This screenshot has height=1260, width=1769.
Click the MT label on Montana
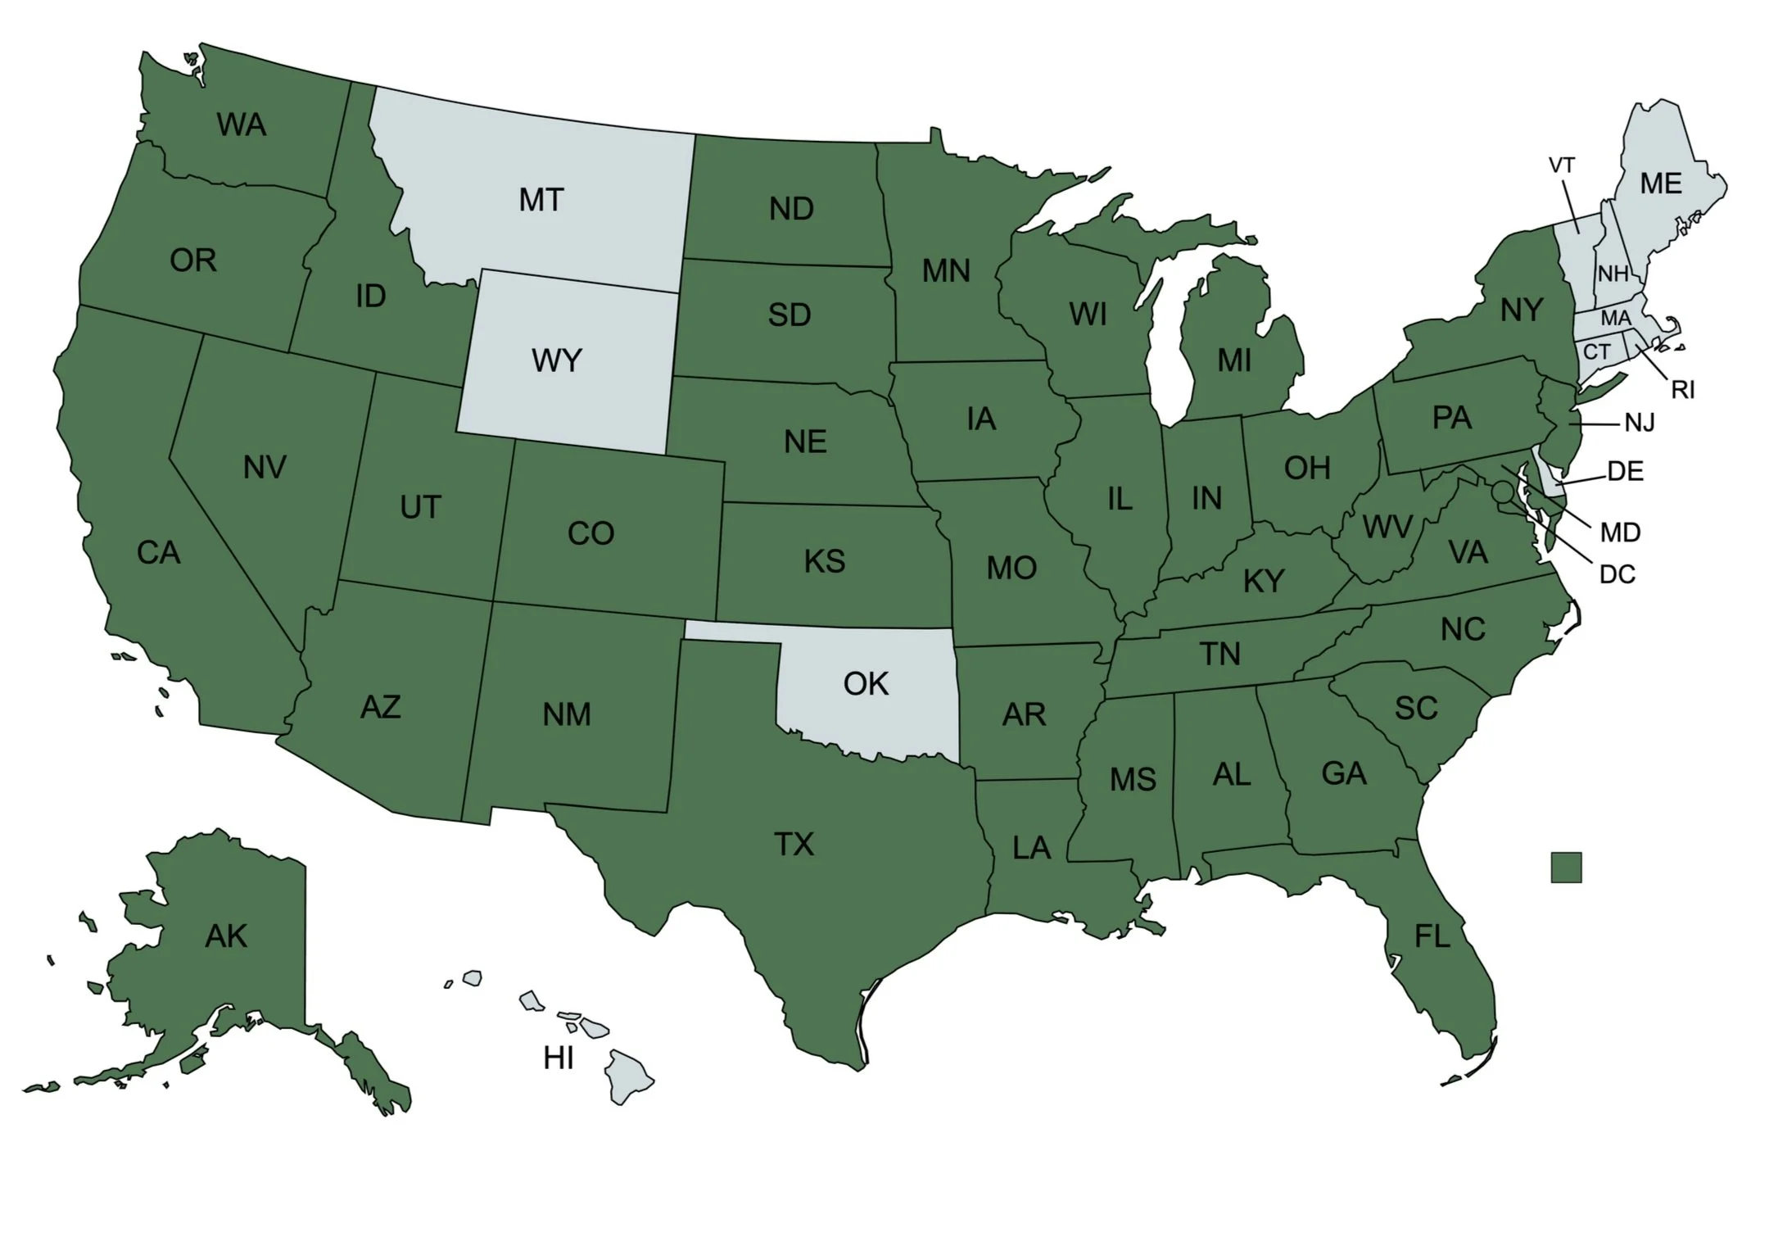541,200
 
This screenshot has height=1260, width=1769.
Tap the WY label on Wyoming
557,360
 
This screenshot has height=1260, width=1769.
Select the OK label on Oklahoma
866,684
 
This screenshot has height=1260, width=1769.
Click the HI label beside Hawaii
559,1058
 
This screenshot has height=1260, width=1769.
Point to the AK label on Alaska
226,936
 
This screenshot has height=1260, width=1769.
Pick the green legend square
1566,868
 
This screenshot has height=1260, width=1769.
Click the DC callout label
1617,574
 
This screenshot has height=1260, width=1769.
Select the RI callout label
1683,390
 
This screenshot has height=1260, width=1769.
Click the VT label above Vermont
1561,165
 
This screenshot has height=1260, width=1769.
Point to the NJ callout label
1640,423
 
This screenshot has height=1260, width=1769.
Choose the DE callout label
1625,471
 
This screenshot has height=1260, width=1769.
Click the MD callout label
1620,533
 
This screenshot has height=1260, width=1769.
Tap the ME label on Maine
1661,184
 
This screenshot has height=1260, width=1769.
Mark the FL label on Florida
1432,936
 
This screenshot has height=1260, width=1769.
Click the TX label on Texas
794,844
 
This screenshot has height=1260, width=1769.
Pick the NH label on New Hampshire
1613,274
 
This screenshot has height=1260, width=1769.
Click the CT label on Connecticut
1596,352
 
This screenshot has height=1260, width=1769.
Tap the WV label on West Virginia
1387,527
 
